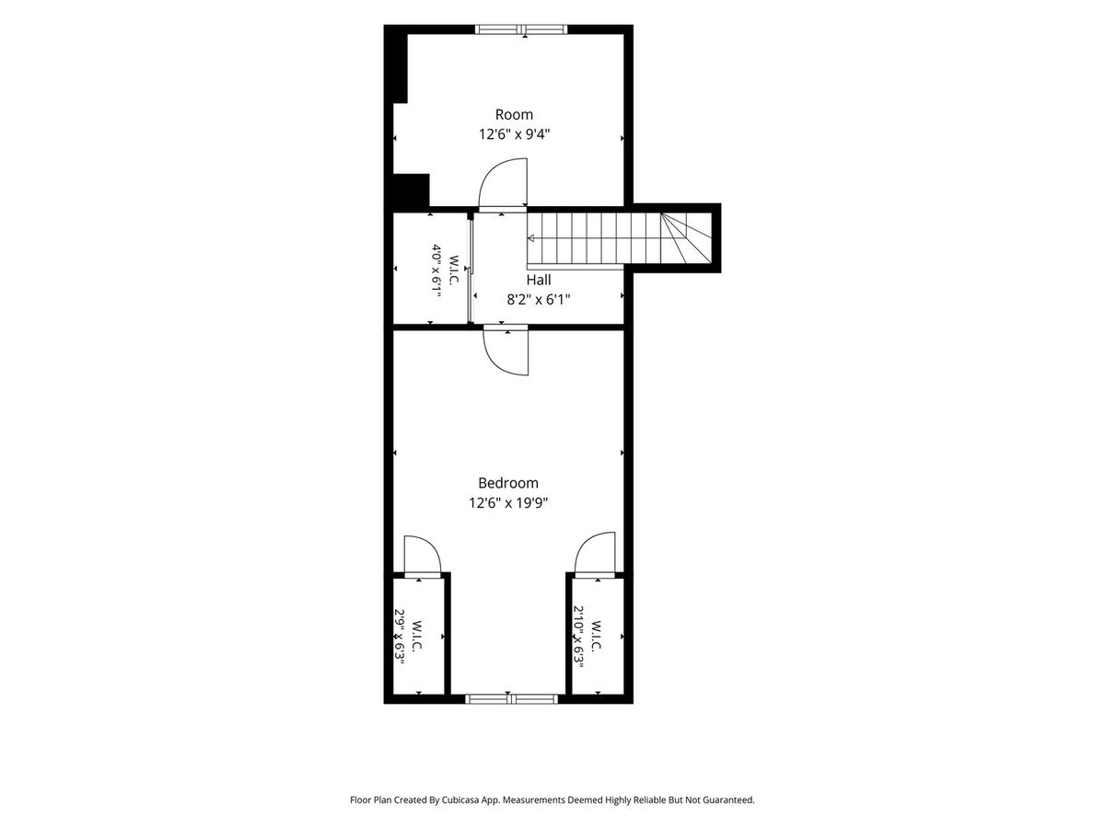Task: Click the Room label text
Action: (x=514, y=115)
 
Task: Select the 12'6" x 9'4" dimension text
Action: (x=514, y=134)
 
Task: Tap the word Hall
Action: (x=538, y=280)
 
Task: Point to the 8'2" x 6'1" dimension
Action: (x=538, y=300)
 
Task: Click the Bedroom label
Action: (x=508, y=483)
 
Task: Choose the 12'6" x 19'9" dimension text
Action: (x=508, y=502)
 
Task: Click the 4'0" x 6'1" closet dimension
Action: (x=436, y=270)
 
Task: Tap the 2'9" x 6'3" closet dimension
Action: (x=400, y=638)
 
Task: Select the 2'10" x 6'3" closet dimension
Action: (x=579, y=637)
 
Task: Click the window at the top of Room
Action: (x=521, y=29)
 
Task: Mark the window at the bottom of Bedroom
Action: (x=512, y=699)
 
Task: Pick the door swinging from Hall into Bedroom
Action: (x=506, y=353)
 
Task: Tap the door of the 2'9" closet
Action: (x=423, y=554)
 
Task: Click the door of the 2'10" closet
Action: (x=595, y=552)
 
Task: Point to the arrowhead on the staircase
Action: (x=530, y=238)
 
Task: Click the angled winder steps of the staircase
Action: (x=686, y=237)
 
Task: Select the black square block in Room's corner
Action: (x=411, y=191)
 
